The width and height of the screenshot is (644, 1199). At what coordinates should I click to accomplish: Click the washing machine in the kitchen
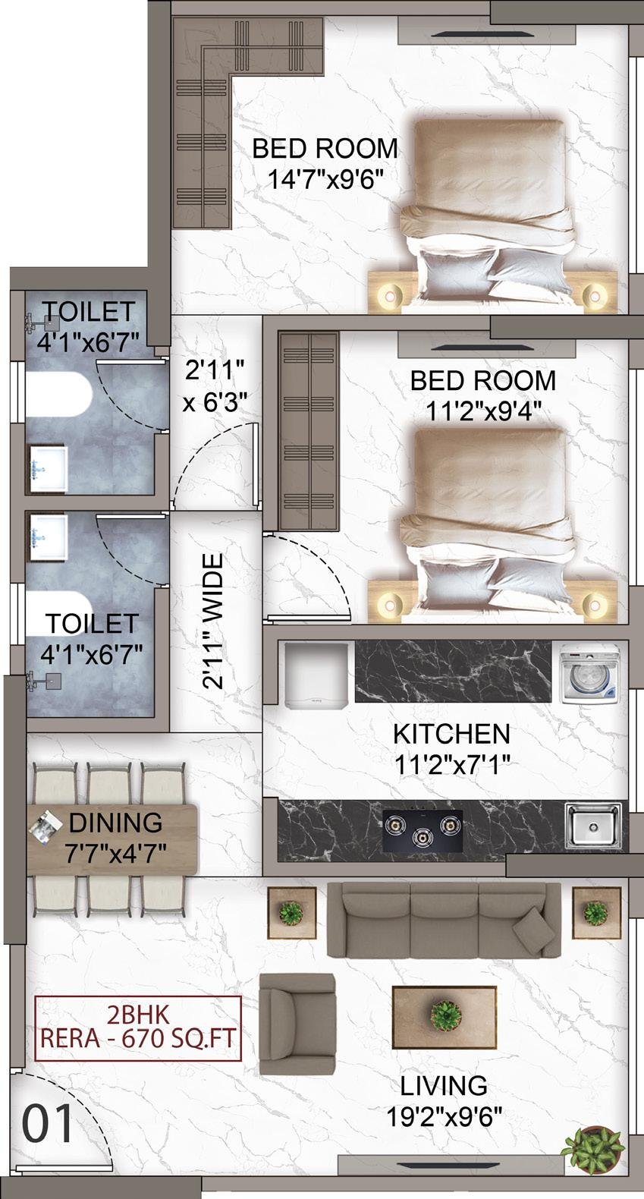[x=589, y=673]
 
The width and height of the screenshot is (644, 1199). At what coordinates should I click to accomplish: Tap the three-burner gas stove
[x=423, y=830]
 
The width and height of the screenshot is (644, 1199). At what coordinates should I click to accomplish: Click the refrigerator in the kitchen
[x=316, y=676]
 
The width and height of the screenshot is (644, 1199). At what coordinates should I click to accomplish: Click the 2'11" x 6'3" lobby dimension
[x=215, y=386]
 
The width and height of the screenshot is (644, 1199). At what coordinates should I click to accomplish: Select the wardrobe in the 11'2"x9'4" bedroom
[x=309, y=431]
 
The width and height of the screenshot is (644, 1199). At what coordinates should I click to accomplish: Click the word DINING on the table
[x=115, y=823]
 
